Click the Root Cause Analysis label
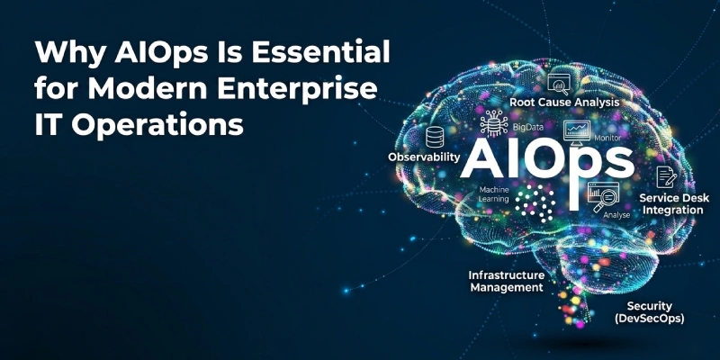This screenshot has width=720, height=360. (564, 103)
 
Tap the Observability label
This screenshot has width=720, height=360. (424, 157)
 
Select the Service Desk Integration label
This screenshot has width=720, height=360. (670, 203)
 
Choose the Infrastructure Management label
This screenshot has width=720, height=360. (506, 281)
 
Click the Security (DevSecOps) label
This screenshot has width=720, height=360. (650, 312)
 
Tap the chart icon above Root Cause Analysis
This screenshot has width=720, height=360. (562, 83)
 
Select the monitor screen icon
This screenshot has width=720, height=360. (576, 130)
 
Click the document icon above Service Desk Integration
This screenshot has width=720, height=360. (666, 175)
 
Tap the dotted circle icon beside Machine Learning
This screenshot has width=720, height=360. (541, 203)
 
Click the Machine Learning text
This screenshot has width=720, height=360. (495, 195)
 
